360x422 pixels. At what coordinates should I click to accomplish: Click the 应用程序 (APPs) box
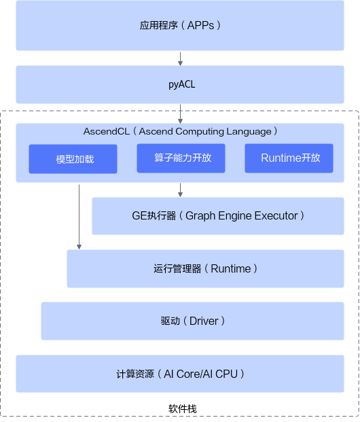coord(180,26)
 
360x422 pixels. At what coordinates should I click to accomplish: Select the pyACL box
coord(180,84)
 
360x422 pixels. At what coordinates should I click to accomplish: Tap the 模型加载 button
coord(73,159)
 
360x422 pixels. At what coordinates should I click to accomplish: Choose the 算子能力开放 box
coord(181,158)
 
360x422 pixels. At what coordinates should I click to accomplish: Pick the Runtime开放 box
coord(289,158)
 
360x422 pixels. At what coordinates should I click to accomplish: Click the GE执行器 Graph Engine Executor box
coord(218,216)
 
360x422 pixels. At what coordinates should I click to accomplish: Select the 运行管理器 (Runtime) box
coord(206,269)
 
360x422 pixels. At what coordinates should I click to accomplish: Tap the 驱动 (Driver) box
coord(193,321)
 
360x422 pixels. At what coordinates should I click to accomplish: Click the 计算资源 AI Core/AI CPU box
coord(180,374)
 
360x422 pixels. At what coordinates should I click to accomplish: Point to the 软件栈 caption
coord(183,409)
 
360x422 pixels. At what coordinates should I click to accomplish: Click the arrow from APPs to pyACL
coord(180,58)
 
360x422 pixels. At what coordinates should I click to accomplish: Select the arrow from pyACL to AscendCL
coord(180,114)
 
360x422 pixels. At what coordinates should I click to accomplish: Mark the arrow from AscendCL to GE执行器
coord(180,190)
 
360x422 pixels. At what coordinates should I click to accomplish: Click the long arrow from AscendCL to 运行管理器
coord(79,217)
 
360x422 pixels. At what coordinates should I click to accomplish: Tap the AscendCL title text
coord(180,131)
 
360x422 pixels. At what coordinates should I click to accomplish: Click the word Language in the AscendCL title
coord(249,132)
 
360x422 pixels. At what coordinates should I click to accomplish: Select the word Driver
coord(204,321)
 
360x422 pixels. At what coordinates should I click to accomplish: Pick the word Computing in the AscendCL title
coord(200,132)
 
